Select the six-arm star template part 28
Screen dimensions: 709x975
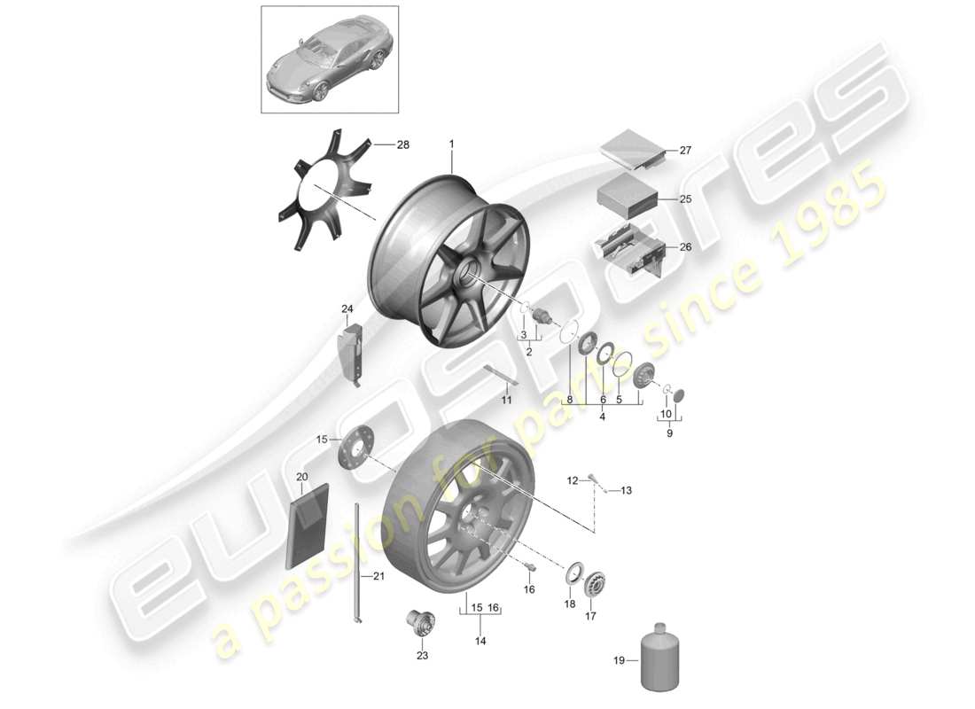tap(325, 187)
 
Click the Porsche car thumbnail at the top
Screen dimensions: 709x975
tap(330, 59)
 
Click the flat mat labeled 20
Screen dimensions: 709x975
tap(307, 524)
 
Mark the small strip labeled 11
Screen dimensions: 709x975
tap(501, 375)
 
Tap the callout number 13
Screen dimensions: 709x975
tap(626, 490)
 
